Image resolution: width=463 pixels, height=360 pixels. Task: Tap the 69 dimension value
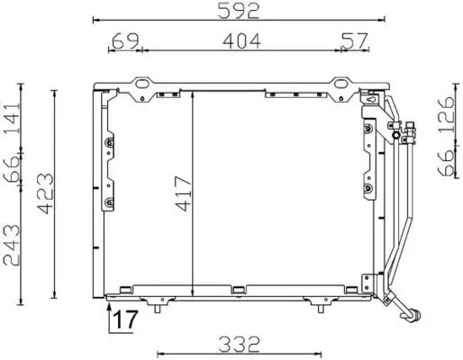[126, 40]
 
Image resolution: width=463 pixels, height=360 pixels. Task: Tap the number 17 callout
[125, 319]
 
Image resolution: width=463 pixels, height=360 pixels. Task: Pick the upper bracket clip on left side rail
[110, 143]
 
